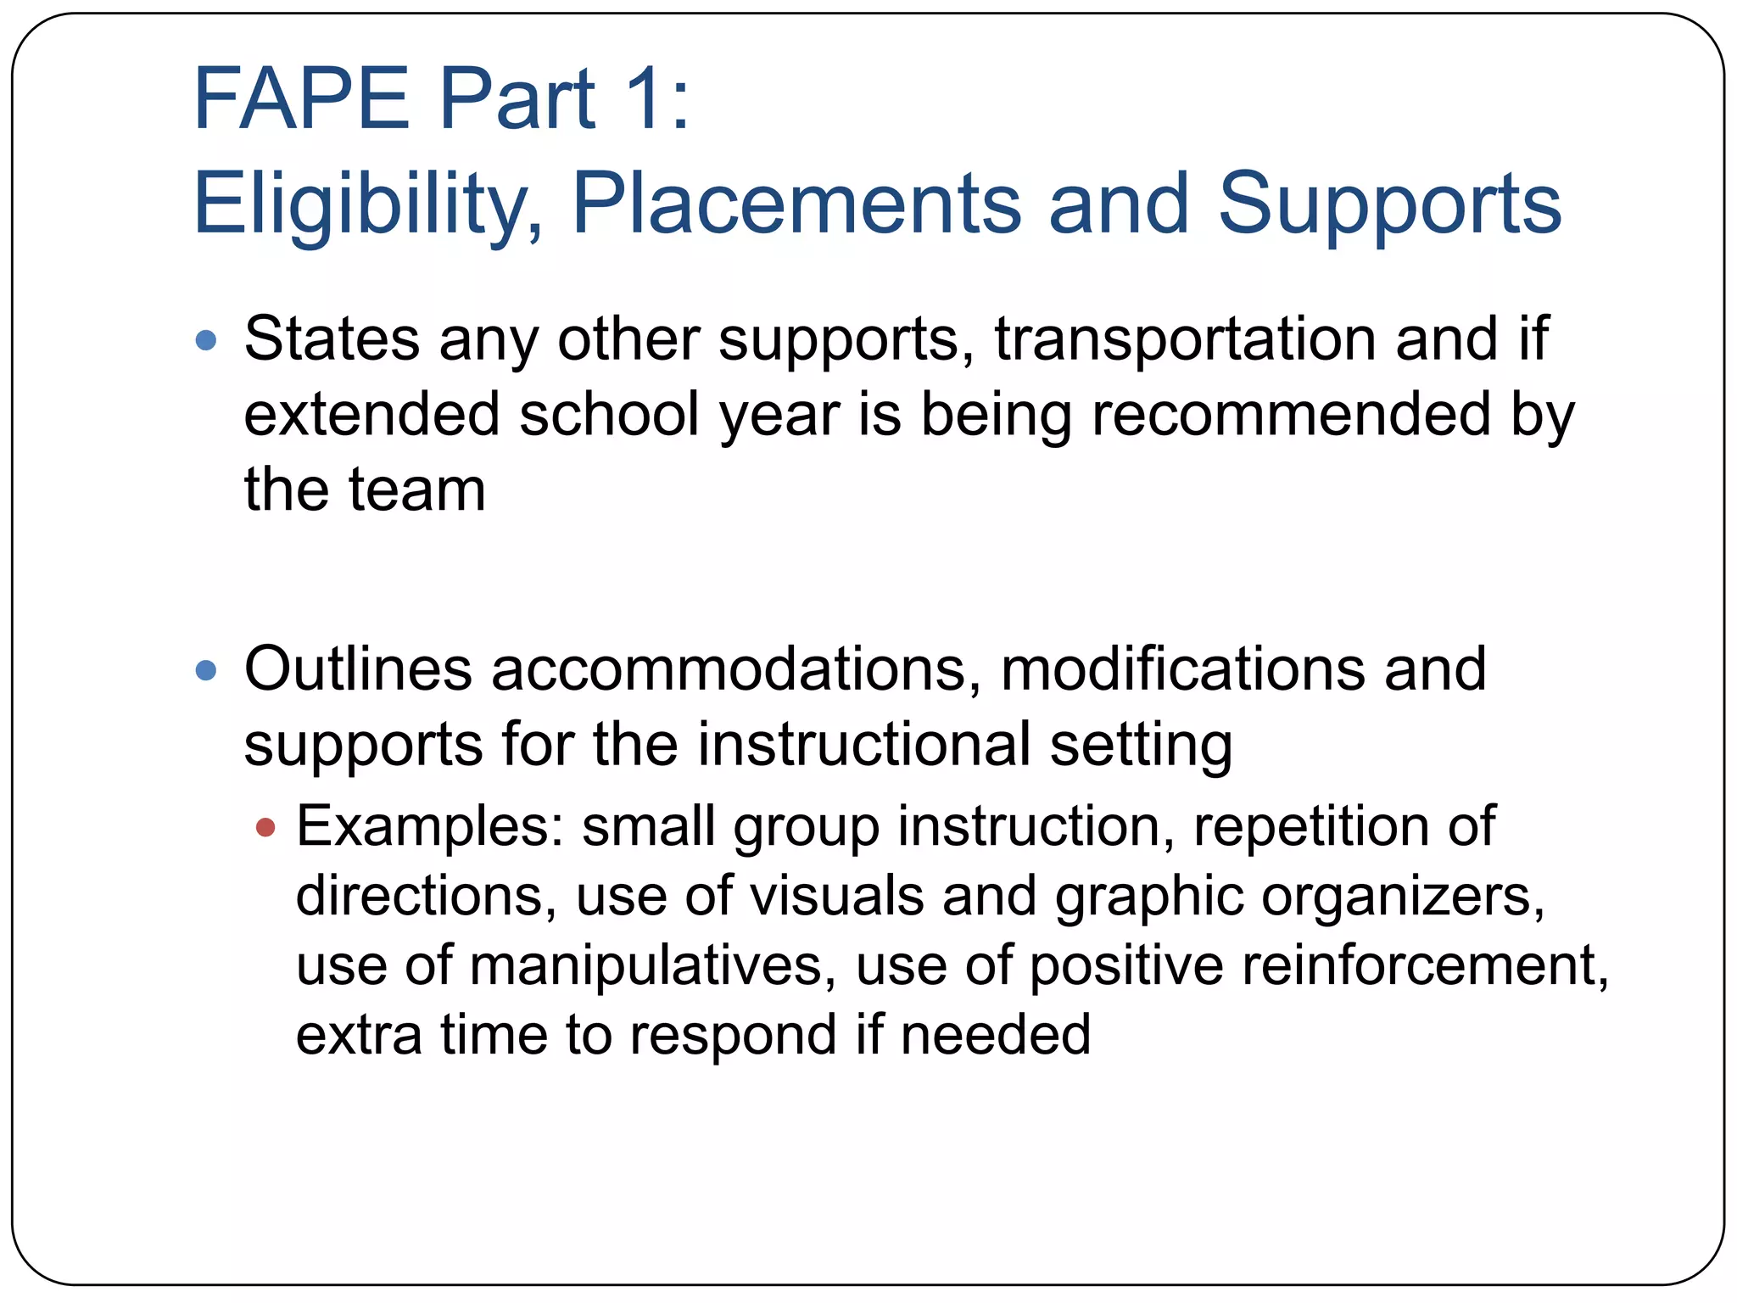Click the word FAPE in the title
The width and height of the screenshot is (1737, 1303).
(301, 99)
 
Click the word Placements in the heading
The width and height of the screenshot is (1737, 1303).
(796, 204)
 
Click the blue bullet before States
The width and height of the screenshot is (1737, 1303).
(206, 341)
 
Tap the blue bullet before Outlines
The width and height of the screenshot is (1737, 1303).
(206, 671)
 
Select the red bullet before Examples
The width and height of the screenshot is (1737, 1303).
(265, 827)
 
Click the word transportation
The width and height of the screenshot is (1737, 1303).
(1186, 339)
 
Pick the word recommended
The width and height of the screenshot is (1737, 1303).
(1291, 415)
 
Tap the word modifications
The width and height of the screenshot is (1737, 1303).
(1183, 669)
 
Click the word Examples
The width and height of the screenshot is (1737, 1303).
(429, 827)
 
